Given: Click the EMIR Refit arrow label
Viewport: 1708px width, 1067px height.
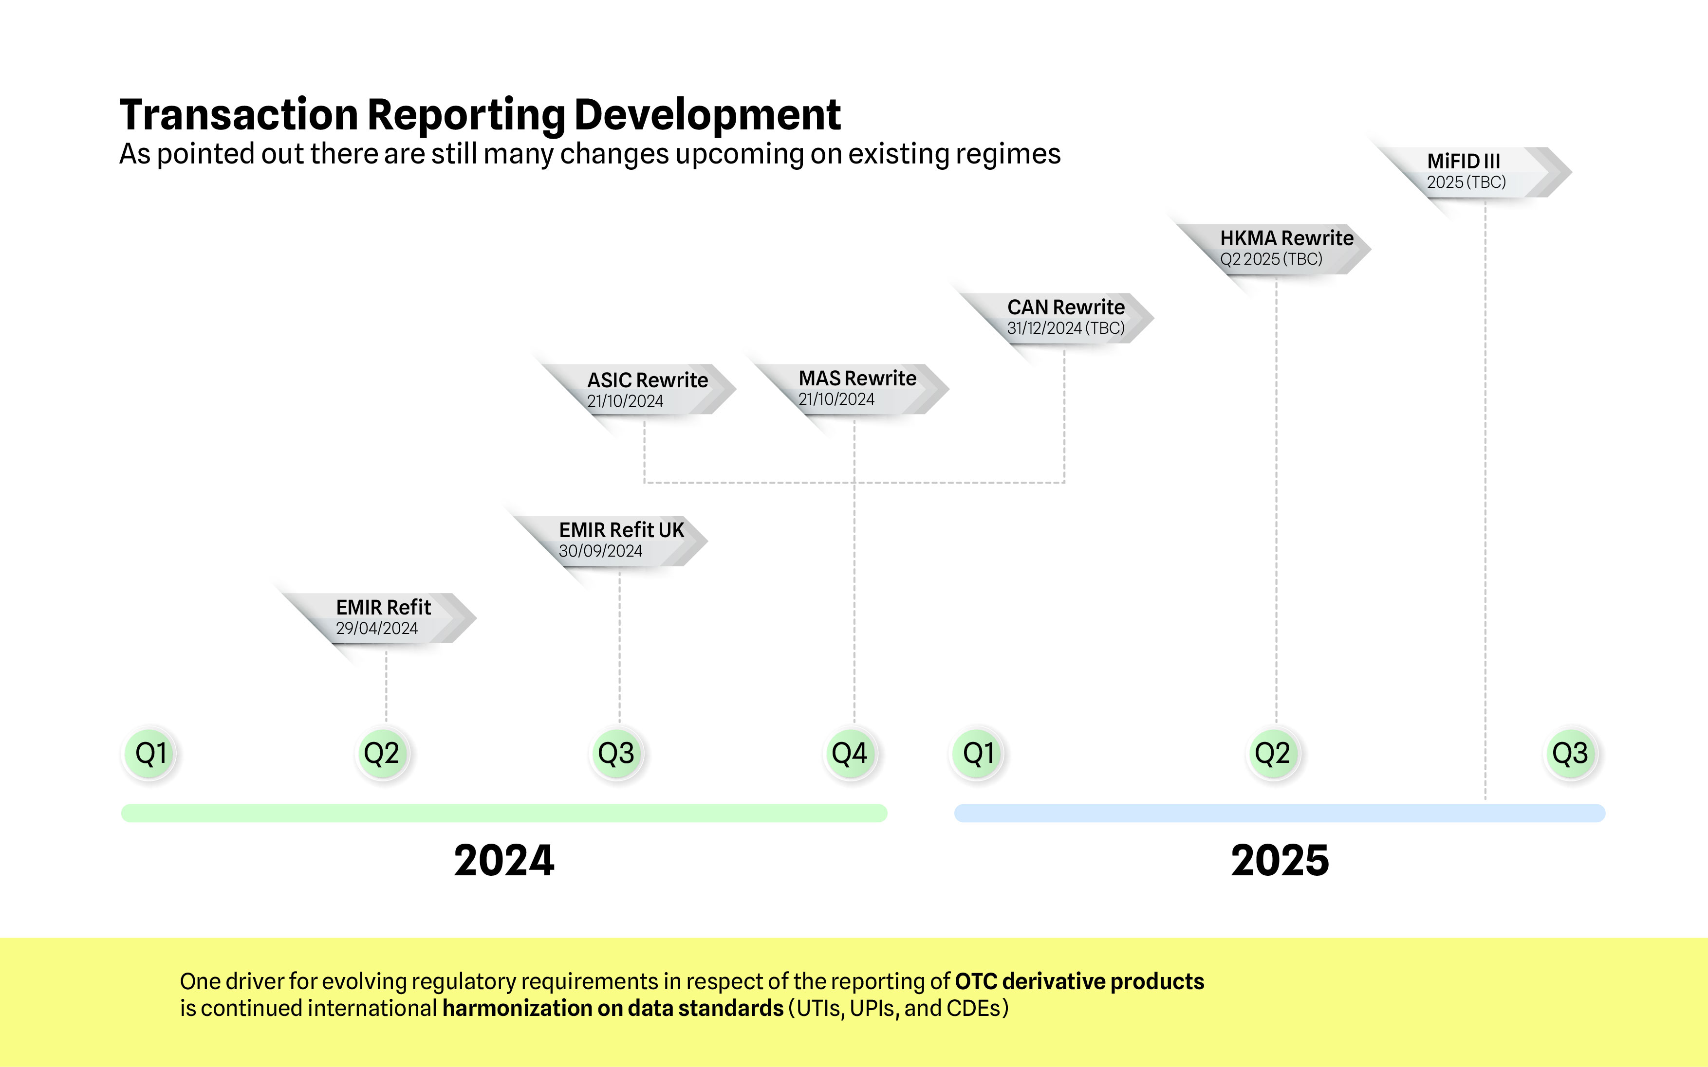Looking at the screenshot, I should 383,608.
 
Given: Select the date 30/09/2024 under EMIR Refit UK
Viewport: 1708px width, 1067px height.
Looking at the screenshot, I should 600,551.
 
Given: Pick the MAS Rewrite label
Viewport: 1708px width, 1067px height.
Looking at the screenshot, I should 857,378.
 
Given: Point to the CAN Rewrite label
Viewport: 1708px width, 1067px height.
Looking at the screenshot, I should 1065,307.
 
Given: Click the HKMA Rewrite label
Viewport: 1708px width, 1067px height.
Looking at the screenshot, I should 1286,238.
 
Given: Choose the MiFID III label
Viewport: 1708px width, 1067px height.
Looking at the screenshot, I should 1463,161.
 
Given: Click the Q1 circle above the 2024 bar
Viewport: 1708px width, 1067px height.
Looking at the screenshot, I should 150,754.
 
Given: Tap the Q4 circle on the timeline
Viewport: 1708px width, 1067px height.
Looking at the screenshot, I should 850,754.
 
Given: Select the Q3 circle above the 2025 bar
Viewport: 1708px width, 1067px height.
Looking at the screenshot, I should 1570,754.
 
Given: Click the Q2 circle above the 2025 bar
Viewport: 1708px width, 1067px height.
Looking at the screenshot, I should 1272,754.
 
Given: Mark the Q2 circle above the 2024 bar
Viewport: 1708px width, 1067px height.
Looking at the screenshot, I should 382,754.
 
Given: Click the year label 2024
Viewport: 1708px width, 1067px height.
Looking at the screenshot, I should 503,861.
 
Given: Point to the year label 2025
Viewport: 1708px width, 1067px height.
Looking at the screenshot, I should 1280,861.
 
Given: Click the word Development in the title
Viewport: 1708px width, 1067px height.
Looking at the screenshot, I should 707,115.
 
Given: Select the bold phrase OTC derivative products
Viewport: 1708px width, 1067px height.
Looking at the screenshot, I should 1079,982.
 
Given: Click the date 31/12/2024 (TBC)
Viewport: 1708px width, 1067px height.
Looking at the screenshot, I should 1065,328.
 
